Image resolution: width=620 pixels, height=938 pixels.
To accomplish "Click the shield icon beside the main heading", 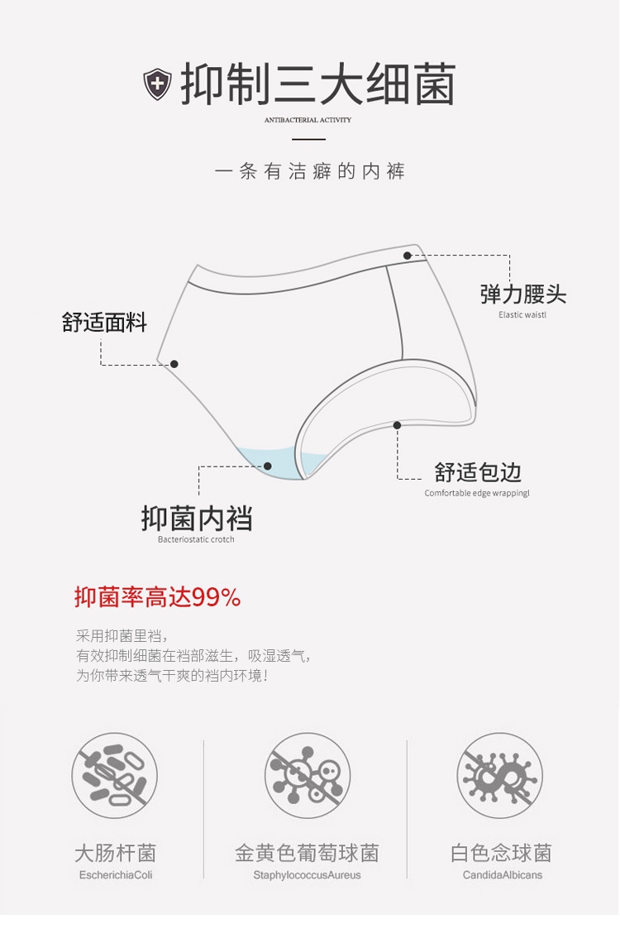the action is click(157, 84).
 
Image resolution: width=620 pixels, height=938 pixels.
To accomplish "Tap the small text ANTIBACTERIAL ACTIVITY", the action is click(308, 120).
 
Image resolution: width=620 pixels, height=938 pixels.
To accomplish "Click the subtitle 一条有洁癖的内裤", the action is click(309, 172).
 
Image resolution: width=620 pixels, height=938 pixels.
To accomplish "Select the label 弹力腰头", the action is click(523, 294).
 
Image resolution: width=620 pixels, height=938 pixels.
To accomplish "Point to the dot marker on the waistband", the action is click(408, 256).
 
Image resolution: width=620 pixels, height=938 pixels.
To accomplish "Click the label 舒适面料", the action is click(104, 322).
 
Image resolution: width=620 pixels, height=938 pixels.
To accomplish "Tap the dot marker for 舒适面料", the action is click(174, 364).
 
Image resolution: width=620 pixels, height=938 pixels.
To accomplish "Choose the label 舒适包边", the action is click(478, 472).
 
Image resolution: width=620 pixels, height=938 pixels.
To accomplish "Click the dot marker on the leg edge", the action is click(397, 425).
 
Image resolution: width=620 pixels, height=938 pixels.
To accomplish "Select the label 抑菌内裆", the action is click(197, 519).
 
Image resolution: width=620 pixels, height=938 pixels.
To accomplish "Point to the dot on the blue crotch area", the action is click(268, 466).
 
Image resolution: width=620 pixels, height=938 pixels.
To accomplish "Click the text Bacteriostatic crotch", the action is click(196, 539).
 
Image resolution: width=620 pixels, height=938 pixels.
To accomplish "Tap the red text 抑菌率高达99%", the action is click(158, 596).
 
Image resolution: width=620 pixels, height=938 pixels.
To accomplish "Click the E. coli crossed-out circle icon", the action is click(114, 776).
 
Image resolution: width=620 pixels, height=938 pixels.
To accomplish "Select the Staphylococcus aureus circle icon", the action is click(308, 776).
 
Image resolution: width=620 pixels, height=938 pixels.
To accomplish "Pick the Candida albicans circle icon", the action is click(500, 776).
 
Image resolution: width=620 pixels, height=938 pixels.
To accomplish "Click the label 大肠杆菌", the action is click(115, 853).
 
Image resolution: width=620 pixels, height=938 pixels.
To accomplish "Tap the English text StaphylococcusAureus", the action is click(307, 875).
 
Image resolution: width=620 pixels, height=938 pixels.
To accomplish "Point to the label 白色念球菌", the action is click(501, 853).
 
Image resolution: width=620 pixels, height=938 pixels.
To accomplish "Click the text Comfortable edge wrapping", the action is click(477, 493).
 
